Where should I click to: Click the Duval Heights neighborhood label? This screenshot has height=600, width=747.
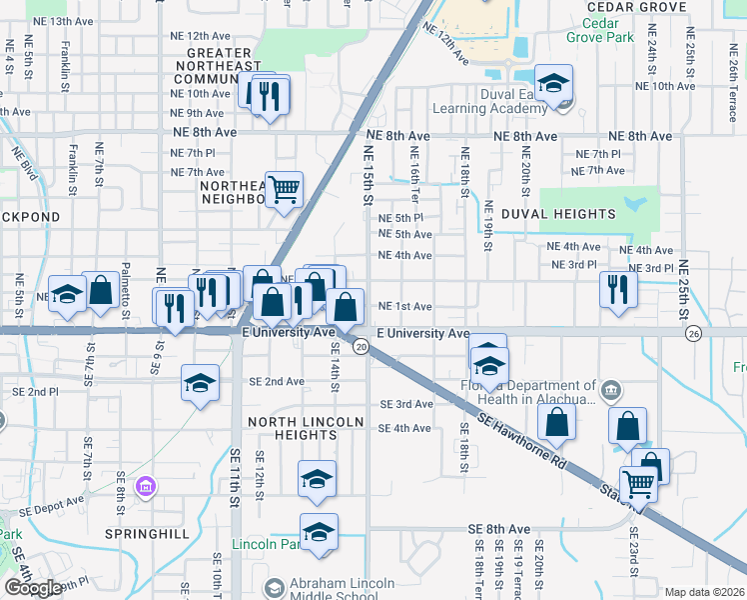coord(558,214)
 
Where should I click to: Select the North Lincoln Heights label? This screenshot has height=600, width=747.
coord(306,429)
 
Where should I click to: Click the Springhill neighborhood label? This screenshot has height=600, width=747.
coord(147,534)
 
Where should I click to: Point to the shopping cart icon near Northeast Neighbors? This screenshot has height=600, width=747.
coord(285,187)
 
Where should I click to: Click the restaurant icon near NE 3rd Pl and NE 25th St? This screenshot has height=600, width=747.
coord(618,287)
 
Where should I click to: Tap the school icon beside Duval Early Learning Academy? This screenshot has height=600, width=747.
coord(552,84)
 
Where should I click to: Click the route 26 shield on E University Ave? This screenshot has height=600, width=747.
coord(693,333)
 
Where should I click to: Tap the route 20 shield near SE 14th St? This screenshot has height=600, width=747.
coord(361,346)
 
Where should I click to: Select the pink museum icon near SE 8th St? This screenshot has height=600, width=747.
coord(148,487)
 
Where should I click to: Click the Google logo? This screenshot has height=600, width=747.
coord(33,588)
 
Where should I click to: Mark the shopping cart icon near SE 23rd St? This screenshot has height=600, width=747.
coord(638,484)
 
